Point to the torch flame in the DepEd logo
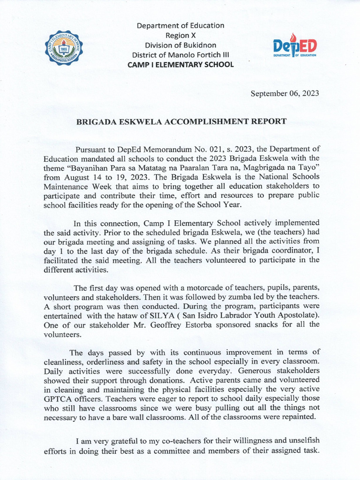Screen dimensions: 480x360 (294, 37)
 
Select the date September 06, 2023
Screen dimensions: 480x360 (285, 93)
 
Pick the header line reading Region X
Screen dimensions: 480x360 (180, 35)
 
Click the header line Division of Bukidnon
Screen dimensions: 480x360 (180, 45)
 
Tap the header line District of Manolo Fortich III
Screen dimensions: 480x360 (180, 55)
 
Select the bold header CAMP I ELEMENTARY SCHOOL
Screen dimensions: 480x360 (180, 65)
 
